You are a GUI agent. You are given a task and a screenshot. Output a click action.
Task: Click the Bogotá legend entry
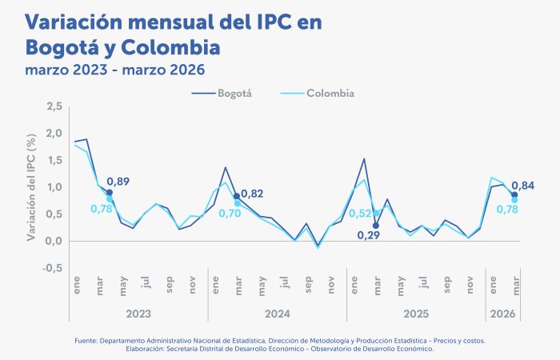pos(235,94)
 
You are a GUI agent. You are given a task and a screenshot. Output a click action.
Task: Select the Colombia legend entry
pos(330,94)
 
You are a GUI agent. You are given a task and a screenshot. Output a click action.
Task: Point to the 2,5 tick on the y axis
pos(54,106)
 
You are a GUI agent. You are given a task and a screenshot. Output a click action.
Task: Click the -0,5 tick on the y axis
pos(53,268)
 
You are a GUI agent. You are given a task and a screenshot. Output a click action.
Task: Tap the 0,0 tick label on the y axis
pos(54,241)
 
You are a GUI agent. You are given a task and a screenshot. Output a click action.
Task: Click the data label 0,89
pos(119,182)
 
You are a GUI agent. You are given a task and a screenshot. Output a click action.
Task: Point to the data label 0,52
pos(358,214)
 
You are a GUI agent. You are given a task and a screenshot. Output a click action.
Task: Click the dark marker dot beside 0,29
pos(375,226)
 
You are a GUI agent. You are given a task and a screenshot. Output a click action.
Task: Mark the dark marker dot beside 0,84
pos(514,195)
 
